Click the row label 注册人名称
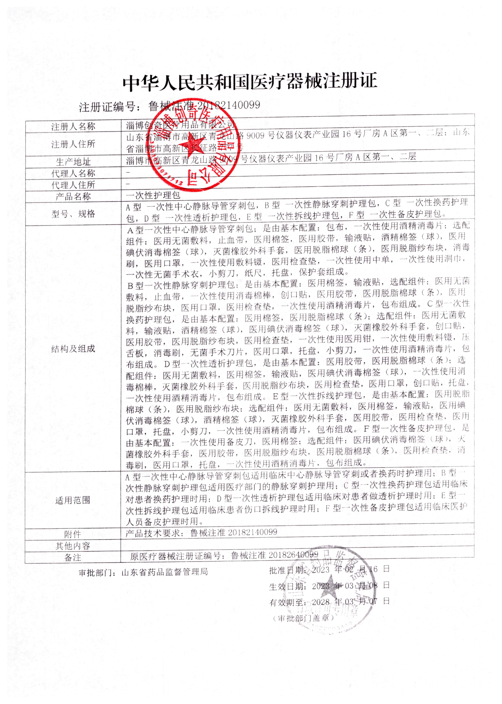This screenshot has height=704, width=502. coord(73,126)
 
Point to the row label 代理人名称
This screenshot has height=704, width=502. coord(73,173)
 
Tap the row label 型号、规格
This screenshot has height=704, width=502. coord(73,214)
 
